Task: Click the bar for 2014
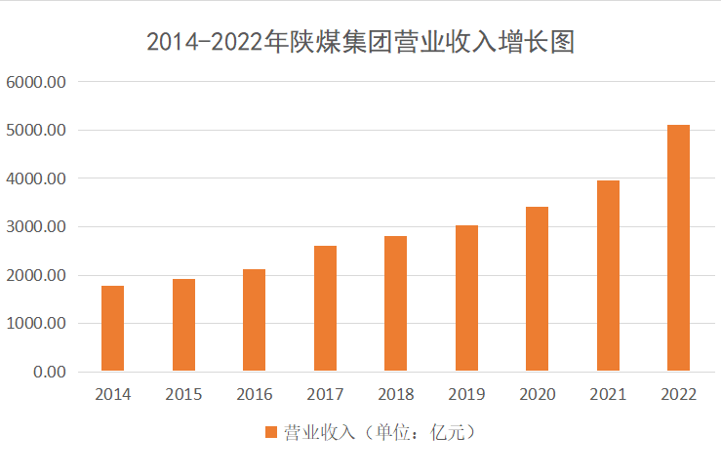[x=113, y=329]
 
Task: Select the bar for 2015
[x=183, y=325]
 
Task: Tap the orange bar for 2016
[x=254, y=320]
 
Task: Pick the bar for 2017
[x=325, y=308]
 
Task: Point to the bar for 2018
[x=395, y=303]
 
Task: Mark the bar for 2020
[x=537, y=289]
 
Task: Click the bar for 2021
[x=608, y=276]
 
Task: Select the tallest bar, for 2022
[x=678, y=248]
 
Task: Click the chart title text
[x=360, y=42]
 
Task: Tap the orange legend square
[x=270, y=432]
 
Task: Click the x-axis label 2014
[x=113, y=395]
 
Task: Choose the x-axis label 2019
[x=466, y=395]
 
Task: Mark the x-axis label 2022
[x=678, y=395]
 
